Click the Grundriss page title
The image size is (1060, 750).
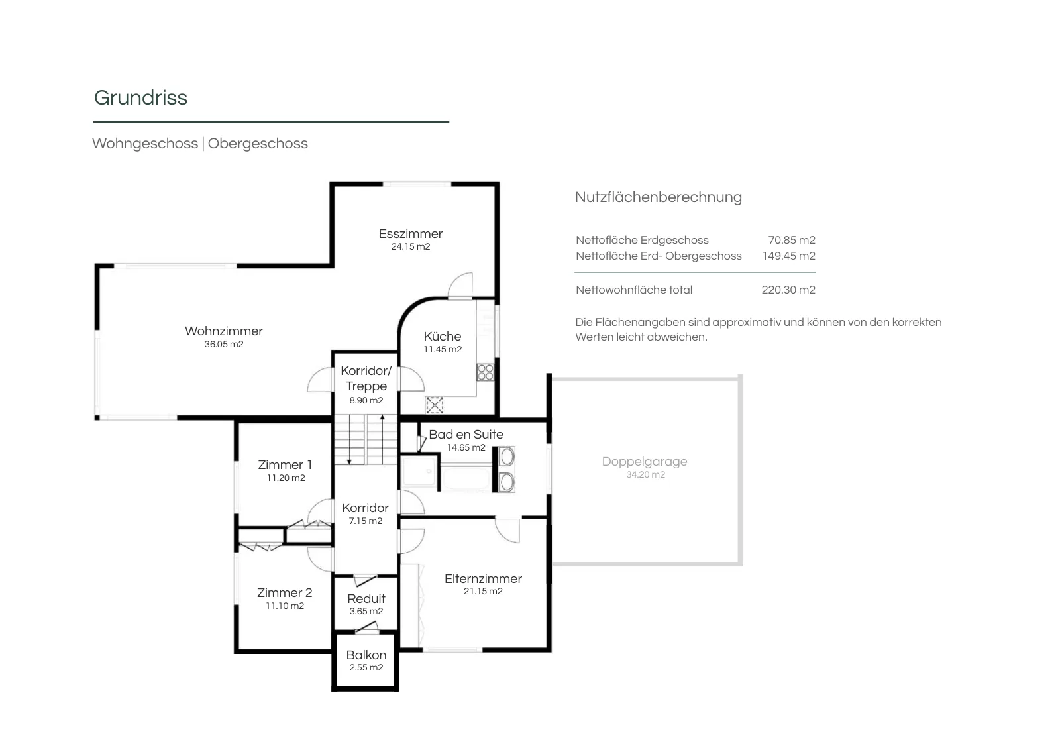click(x=140, y=98)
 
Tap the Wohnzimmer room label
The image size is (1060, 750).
click(x=224, y=331)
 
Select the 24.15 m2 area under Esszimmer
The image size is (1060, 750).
click(x=411, y=246)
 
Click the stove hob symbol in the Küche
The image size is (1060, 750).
click(x=485, y=372)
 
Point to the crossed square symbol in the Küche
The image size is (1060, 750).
click(x=434, y=405)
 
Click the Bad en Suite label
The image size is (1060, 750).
click(x=466, y=434)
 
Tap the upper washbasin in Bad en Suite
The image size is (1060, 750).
click(x=507, y=456)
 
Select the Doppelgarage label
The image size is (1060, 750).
click(x=645, y=461)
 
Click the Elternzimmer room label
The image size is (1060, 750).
click(x=483, y=578)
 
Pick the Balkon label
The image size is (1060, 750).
click(x=366, y=655)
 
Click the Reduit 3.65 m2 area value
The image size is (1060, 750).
click(x=366, y=611)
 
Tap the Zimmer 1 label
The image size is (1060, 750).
click(x=285, y=464)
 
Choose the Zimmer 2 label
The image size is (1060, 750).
click(x=284, y=592)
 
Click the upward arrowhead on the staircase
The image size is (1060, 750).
click(x=382, y=417)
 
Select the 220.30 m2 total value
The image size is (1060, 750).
click(x=788, y=290)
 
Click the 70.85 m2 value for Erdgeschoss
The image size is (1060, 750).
click(x=792, y=240)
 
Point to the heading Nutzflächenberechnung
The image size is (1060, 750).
click(x=659, y=197)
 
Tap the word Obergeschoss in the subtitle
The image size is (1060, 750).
click(x=258, y=143)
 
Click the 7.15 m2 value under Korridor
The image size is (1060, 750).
click(x=365, y=521)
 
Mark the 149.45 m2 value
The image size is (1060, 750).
click(x=789, y=256)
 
